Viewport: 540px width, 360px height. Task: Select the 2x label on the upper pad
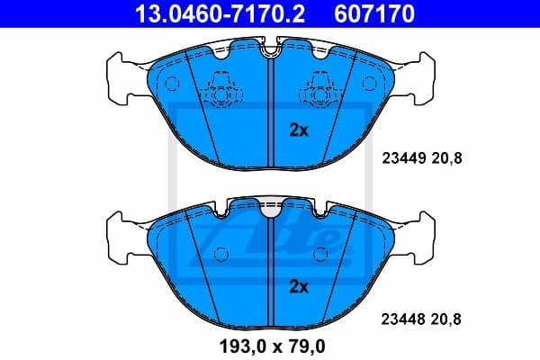(298, 130)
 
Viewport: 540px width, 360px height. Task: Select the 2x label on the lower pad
(298, 287)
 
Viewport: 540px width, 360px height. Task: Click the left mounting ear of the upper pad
(121, 69)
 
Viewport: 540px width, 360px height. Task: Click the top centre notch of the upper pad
(271, 52)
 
